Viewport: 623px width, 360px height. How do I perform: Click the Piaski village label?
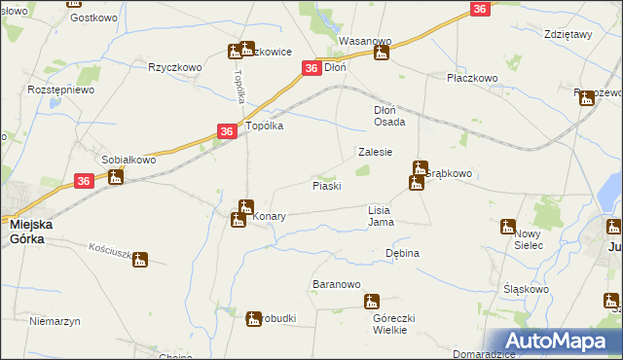click(326, 185)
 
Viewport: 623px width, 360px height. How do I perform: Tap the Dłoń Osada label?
click(396, 116)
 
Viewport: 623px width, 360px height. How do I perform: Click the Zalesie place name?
click(375, 152)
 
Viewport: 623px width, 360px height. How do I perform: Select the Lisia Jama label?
click(381, 215)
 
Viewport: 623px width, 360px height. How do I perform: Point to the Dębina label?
click(402, 253)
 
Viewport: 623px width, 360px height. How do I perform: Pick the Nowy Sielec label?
click(528, 239)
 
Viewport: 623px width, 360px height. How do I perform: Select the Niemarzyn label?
click(54, 320)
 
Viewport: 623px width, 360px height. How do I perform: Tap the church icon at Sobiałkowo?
click(116, 176)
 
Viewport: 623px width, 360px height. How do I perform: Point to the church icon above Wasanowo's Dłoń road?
click(382, 53)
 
